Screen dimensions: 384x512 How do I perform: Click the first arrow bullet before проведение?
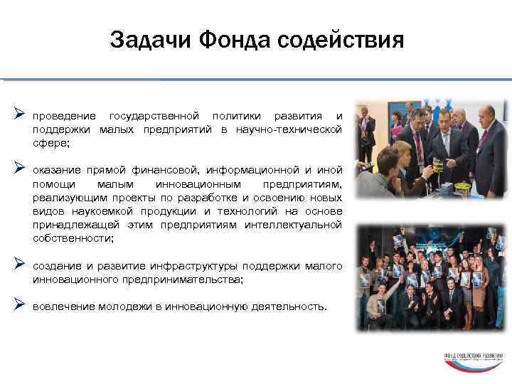(x=19, y=114)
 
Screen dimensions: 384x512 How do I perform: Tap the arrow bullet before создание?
(x=19, y=265)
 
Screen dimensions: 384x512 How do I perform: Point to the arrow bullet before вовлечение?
(x=19, y=305)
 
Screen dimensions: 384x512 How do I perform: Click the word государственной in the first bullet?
(x=155, y=116)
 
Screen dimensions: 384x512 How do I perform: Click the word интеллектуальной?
(x=300, y=225)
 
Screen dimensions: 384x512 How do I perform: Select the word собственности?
(x=73, y=238)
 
